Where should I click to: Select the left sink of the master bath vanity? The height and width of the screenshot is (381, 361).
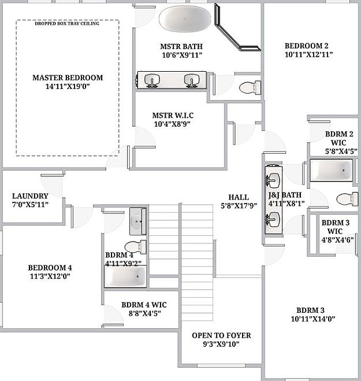pyautogui.click(x=152, y=80)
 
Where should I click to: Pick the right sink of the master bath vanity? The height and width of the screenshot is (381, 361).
pyautogui.click(x=191, y=80)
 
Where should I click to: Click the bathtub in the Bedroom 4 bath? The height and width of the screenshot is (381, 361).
pyautogui.click(x=124, y=278)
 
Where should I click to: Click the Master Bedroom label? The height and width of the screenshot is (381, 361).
pyautogui.click(x=68, y=77)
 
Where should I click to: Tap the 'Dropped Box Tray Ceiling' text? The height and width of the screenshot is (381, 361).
pyautogui.click(x=67, y=24)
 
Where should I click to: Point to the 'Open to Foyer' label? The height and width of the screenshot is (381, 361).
pyautogui.click(x=222, y=335)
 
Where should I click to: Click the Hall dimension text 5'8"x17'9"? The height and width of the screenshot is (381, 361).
pyautogui.click(x=239, y=205)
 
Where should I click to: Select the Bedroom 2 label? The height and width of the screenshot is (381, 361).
pyautogui.click(x=307, y=46)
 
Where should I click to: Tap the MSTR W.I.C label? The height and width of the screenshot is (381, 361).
pyautogui.click(x=172, y=114)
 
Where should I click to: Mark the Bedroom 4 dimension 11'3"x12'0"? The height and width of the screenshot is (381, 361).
pyautogui.click(x=50, y=276)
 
